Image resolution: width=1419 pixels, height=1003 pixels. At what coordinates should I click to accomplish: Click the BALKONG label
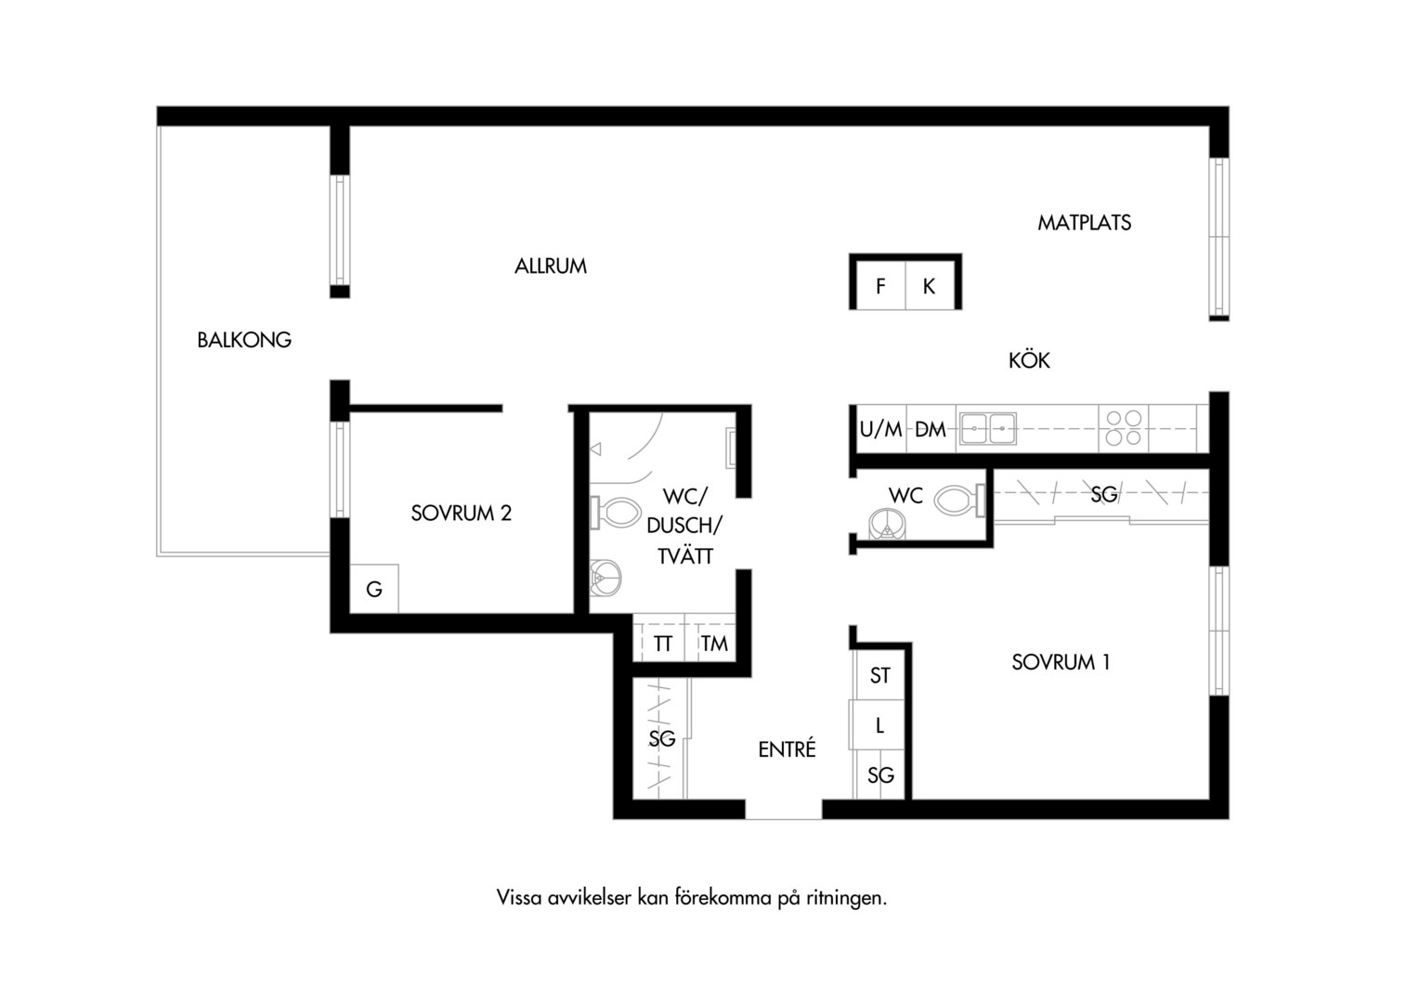(244, 340)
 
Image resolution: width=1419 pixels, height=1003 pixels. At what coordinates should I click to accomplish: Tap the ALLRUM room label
(551, 267)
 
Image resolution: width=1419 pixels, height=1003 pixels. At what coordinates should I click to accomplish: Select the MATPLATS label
(1084, 222)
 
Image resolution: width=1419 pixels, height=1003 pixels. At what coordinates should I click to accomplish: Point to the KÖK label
(1029, 360)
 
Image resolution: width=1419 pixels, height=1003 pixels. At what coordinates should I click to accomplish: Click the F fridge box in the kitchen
(880, 286)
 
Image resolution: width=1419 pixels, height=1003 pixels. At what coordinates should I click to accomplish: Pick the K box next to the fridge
(930, 286)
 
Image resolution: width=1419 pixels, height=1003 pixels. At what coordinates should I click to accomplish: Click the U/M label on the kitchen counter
(880, 430)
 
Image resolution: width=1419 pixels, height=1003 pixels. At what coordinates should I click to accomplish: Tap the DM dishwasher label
(931, 430)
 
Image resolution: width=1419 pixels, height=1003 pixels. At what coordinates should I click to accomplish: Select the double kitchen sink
(987, 428)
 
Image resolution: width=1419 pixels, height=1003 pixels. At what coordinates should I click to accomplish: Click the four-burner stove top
(1123, 428)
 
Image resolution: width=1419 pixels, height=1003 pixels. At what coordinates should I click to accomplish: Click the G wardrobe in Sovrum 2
(374, 589)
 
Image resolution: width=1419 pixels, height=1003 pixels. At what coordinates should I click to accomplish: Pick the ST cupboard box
(879, 675)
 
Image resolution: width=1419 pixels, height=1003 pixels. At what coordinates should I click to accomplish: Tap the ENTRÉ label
(787, 749)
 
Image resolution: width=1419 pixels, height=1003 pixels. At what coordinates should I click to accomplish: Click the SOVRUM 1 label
(1061, 662)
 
